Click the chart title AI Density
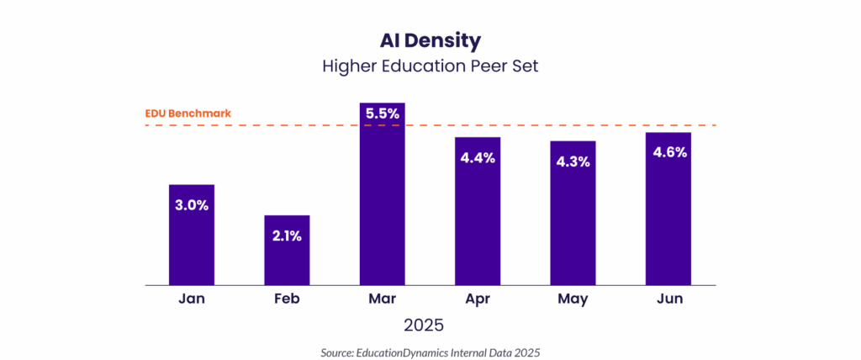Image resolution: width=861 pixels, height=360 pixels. point(430,40)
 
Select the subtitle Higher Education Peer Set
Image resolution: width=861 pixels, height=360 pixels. point(430,66)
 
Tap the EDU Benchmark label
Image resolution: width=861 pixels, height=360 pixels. point(188,113)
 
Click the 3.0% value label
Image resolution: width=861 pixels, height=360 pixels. point(192,204)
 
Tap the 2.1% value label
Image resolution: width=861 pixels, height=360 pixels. point(287,236)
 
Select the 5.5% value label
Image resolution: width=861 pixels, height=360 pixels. point(383,112)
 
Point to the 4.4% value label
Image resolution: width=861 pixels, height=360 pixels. point(478,157)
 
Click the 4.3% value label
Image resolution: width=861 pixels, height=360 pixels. point(573,161)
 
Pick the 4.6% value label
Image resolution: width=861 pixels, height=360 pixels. point(668,152)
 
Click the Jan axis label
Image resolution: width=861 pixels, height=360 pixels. point(192,299)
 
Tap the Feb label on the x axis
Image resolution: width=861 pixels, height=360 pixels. point(287,299)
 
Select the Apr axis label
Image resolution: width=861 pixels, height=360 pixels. point(478,299)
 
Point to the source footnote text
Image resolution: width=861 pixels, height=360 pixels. point(430,352)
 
